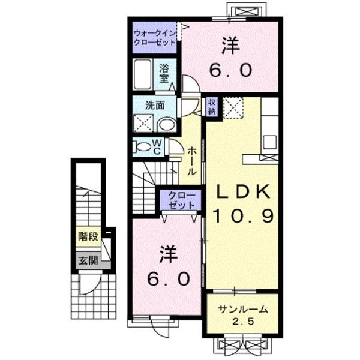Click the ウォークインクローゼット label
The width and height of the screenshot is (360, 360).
[155, 38]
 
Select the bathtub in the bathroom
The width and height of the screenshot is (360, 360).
[142, 75]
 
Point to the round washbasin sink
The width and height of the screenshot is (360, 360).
[168, 125]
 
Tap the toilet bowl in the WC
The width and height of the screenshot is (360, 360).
[143, 146]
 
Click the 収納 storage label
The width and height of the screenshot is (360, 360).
[212, 106]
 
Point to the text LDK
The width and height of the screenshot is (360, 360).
[243, 191]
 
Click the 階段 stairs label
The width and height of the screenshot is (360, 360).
[88, 236]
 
